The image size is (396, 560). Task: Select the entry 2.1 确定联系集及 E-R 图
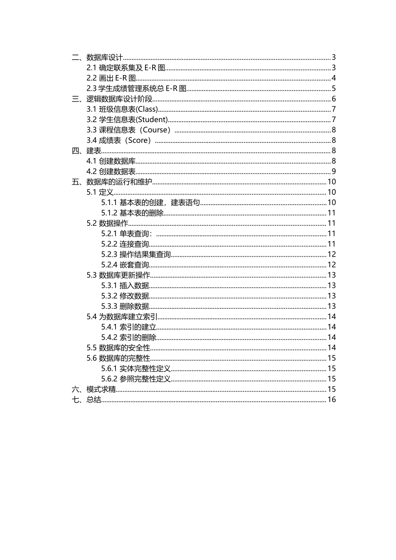pos(126,68)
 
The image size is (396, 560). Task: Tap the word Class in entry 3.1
pos(147,109)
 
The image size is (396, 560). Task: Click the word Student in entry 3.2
pos(153,120)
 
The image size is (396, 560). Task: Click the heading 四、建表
pos(87,151)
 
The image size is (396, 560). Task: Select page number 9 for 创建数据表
pos(333,171)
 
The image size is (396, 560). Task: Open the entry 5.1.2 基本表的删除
pos(132,213)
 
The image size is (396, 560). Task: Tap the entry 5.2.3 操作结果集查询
pos(136,254)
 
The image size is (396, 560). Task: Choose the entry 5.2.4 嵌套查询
pos(125,265)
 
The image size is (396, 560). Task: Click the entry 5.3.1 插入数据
pos(125,285)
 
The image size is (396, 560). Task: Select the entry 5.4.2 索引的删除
pos(129,337)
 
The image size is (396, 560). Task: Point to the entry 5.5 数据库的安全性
pos(118,347)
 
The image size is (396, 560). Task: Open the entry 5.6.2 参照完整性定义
pos(136,379)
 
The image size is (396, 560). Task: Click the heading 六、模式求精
pos(94,389)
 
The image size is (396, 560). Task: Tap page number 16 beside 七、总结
pos(331,400)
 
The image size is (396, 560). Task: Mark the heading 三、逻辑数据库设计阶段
pos(112,99)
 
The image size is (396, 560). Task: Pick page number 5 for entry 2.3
pos(333,88)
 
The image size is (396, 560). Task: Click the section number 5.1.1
pos(109,202)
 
